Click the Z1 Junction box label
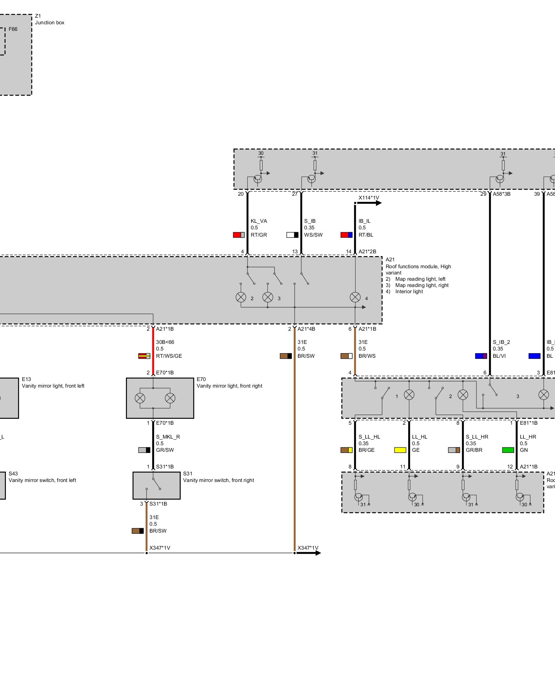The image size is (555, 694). [x=49, y=19]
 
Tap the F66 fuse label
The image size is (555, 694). [x=13, y=29]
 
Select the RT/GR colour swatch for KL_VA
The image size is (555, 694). [x=239, y=235]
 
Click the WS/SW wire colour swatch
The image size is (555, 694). [x=292, y=235]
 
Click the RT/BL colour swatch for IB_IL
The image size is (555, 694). [x=346, y=235]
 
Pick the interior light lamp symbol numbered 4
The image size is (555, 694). [x=355, y=297]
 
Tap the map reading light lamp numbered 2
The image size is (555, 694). [x=241, y=297]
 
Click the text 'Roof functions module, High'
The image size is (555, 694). [x=418, y=266]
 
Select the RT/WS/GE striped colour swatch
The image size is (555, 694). [x=144, y=356]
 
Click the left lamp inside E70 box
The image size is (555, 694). [x=140, y=398]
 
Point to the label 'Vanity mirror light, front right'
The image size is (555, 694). [x=229, y=386]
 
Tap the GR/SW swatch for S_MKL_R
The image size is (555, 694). [x=144, y=450]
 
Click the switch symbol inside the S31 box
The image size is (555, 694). [x=155, y=484]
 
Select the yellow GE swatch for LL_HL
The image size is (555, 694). [x=400, y=450]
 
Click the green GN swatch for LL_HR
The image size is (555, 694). [x=508, y=450]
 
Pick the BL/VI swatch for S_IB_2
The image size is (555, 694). [x=481, y=356]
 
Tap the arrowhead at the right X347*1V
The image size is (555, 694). [x=316, y=553]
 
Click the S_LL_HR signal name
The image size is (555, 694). [x=477, y=437]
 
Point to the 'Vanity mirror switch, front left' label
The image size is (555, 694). [x=42, y=480]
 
